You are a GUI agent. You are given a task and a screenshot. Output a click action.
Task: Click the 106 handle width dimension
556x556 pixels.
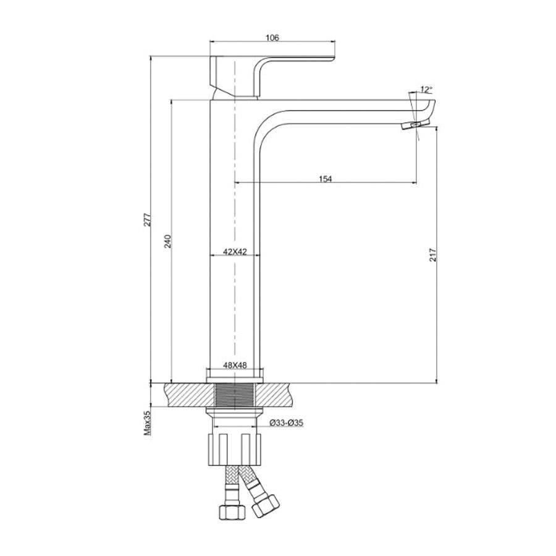[272, 38]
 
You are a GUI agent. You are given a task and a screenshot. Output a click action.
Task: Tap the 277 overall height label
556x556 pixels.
[148, 220]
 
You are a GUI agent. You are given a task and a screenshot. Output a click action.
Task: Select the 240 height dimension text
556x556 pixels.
[167, 241]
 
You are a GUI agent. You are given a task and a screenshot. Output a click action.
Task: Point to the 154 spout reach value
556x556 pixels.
[325, 179]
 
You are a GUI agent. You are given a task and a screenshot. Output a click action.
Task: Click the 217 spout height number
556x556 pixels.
[433, 255]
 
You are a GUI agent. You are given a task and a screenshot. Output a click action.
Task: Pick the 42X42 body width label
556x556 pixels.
[235, 252]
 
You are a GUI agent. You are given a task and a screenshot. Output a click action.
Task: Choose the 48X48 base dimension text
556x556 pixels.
[235, 365]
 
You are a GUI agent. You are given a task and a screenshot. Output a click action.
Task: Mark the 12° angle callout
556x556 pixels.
[426, 90]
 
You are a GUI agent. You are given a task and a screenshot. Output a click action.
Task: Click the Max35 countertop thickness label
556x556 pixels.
[147, 423]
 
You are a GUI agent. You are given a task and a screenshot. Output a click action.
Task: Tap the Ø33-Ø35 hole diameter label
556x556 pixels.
[286, 423]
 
